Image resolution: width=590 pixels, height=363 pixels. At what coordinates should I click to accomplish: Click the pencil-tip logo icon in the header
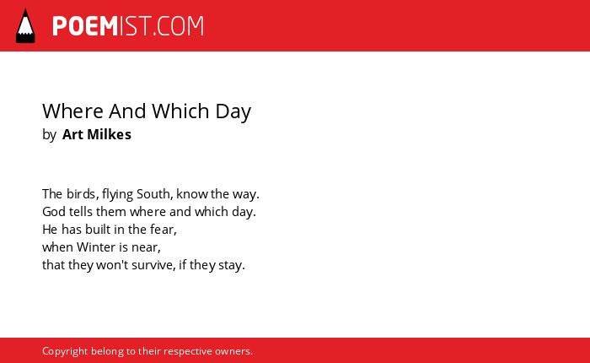pos(25,25)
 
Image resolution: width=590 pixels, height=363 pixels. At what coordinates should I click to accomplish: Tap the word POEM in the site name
pos(85,26)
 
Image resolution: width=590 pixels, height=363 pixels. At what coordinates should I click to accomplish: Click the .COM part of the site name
pos(179,26)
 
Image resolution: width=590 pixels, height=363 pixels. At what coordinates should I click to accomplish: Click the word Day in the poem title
pos(233,112)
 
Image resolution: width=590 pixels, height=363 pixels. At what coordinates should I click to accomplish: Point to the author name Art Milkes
pos(97,134)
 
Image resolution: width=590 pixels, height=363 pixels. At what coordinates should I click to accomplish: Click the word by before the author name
pos(49,135)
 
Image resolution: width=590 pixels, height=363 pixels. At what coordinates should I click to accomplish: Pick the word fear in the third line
pos(163,230)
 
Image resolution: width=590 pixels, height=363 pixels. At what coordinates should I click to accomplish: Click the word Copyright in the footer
pos(65,352)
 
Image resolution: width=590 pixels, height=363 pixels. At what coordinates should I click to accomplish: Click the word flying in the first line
pos(117,194)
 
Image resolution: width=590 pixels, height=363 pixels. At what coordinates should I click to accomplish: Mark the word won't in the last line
pos(109,265)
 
